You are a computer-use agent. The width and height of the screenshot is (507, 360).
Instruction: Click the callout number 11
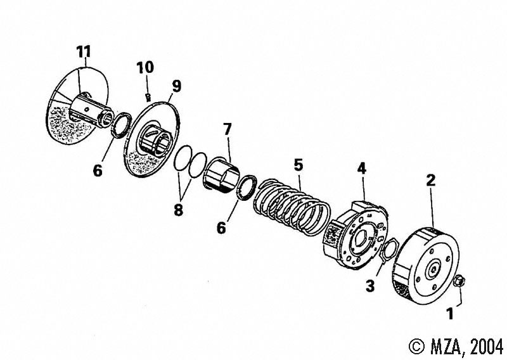click(x=84, y=52)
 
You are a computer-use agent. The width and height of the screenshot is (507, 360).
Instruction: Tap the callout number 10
click(x=145, y=68)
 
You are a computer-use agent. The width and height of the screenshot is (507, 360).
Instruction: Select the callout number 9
click(x=177, y=86)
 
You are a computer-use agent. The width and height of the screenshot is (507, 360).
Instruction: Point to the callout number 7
click(x=228, y=129)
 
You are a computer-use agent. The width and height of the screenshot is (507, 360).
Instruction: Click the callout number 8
click(x=178, y=210)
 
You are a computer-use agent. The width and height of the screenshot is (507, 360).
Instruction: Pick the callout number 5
click(x=298, y=165)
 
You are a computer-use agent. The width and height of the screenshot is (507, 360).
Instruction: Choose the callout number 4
click(x=361, y=169)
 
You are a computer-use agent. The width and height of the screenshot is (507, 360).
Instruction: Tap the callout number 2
click(x=431, y=180)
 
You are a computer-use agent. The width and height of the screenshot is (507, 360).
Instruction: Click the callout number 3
click(x=370, y=286)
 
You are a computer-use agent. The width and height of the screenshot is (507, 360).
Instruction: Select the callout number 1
click(x=450, y=314)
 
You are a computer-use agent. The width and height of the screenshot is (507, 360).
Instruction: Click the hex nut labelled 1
click(x=459, y=280)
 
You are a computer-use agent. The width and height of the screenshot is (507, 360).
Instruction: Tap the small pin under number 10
click(x=148, y=97)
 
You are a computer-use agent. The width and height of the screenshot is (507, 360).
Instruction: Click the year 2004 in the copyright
click(x=487, y=347)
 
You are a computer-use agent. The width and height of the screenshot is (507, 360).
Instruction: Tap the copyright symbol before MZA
click(x=417, y=347)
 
